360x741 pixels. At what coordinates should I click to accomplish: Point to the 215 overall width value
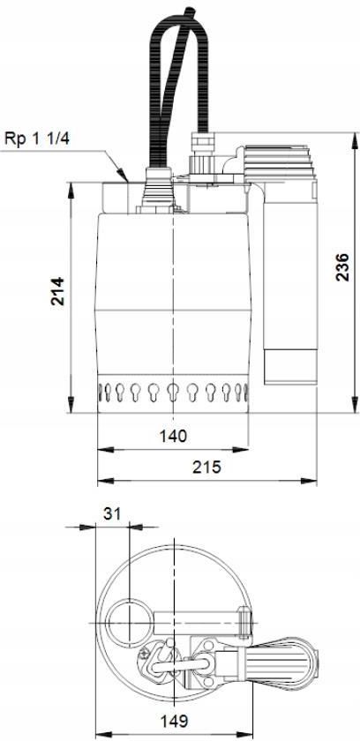[x=207, y=467]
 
